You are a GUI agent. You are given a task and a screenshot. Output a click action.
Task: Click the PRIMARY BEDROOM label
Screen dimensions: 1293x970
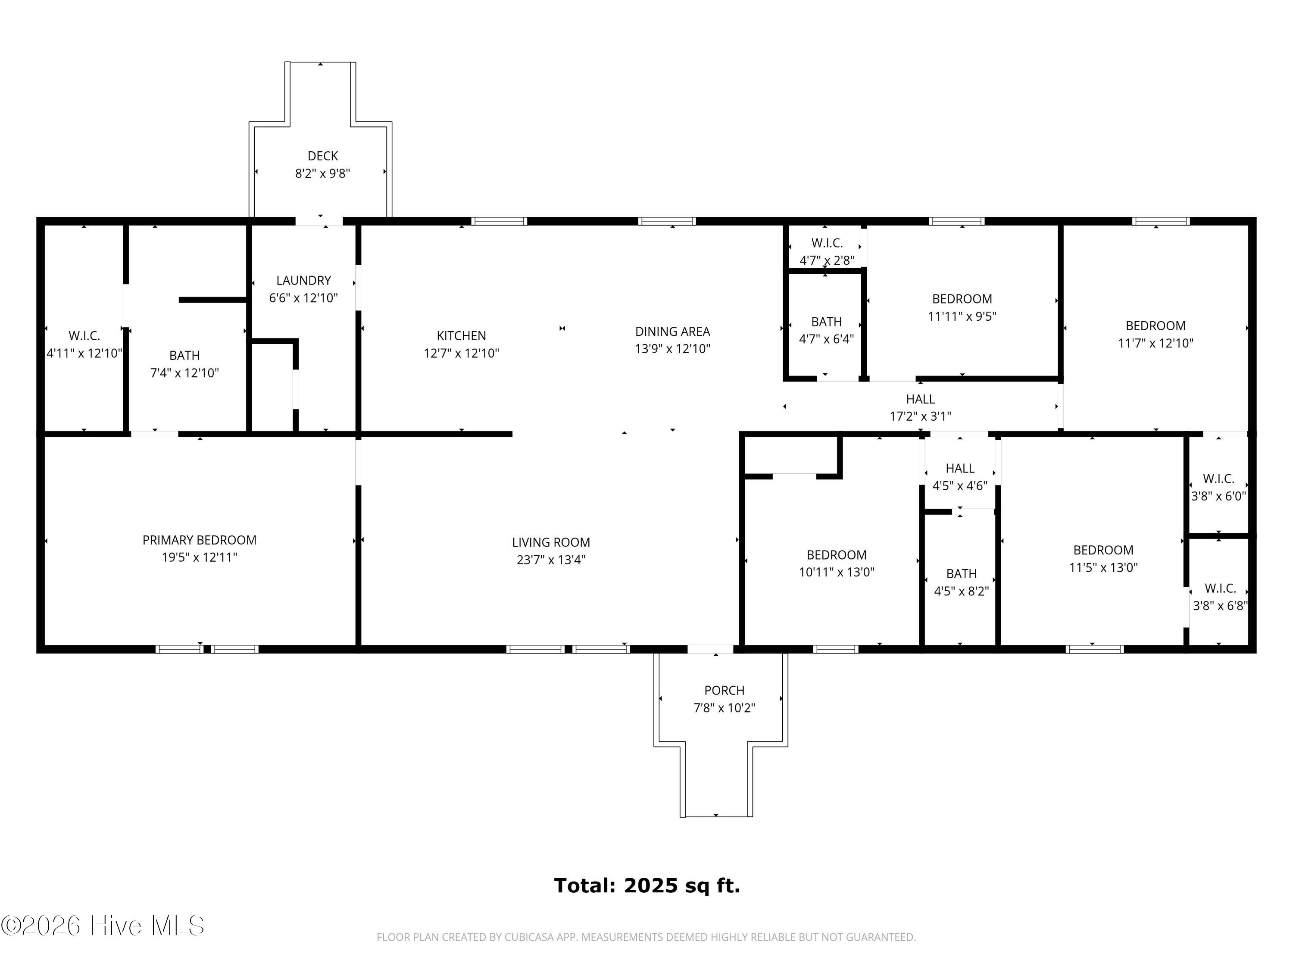[199, 540]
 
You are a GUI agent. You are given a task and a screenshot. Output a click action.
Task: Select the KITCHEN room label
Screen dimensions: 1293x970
[461, 335]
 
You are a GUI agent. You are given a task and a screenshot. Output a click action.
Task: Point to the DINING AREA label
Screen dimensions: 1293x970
[672, 332]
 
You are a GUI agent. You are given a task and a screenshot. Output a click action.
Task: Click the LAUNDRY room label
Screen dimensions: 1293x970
[303, 281]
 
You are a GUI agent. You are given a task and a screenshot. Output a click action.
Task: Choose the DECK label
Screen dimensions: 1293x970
[323, 156]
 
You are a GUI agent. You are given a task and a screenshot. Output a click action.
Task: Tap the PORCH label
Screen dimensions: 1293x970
[724, 691]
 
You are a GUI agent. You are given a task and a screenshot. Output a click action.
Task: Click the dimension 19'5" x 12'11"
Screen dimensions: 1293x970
[199, 557]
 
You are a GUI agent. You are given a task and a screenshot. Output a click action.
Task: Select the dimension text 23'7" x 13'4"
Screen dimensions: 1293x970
[551, 560]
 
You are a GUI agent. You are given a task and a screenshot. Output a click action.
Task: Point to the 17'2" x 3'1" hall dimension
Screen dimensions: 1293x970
[920, 416]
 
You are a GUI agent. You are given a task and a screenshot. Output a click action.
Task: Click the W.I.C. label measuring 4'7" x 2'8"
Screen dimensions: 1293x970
[827, 243]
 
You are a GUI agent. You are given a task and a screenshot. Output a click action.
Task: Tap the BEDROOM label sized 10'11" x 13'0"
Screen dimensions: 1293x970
[837, 555]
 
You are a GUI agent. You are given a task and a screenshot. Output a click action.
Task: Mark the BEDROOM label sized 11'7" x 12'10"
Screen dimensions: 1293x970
[1156, 325]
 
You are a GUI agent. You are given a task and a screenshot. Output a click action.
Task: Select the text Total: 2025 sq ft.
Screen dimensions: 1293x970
[647, 886]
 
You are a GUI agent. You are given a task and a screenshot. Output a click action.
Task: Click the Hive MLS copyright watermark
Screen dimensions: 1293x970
[103, 926]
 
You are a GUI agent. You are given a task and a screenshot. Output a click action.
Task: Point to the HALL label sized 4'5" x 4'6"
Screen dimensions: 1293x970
[960, 468]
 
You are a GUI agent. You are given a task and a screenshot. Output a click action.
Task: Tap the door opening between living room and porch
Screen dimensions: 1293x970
[710, 649]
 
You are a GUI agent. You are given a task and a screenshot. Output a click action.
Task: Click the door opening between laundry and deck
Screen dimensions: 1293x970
[319, 221]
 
